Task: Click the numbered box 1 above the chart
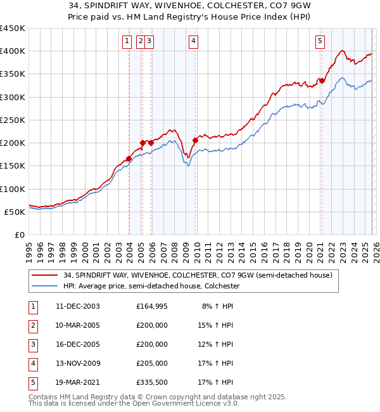(127, 41)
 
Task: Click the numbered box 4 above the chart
(193, 41)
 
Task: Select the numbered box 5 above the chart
(320, 41)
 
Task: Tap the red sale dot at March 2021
(322, 80)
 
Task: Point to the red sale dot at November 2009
(195, 140)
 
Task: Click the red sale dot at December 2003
(129, 159)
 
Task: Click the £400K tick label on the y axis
(13, 51)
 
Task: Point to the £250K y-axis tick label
(13, 120)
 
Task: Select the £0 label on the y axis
(20, 235)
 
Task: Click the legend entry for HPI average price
(151, 286)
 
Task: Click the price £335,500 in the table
(152, 382)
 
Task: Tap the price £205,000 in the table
(152, 363)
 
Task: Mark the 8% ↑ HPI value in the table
(217, 306)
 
